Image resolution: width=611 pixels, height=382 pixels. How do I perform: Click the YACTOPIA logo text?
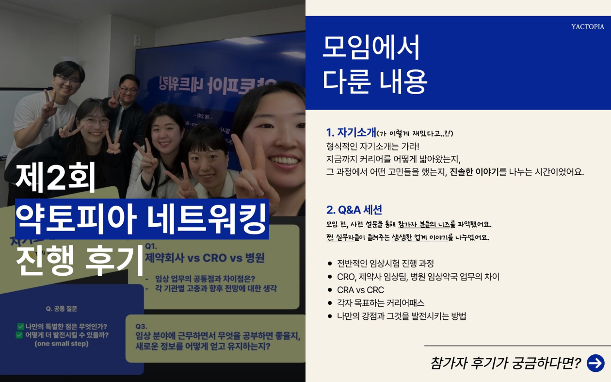pyautogui.click(x=587, y=27)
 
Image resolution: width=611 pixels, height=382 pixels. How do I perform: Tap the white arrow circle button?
pyautogui.click(x=595, y=363)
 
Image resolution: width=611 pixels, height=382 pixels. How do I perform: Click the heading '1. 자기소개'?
pyautogui.click(x=351, y=133)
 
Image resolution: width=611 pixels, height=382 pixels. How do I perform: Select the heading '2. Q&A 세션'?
pyautogui.click(x=354, y=210)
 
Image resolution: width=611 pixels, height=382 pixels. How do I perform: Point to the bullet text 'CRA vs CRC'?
pyautogui.click(x=360, y=290)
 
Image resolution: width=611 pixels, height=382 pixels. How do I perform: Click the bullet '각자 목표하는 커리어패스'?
pyautogui.click(x=381, y=303)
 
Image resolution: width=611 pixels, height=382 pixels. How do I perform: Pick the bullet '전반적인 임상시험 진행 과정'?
pyautogui.click(x=385, y=264)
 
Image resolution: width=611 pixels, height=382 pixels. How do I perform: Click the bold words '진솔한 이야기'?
pyautogui.click(x=474, y=172)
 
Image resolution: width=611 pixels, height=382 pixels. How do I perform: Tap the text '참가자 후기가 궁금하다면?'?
pyautogui.click(x=505, y=363)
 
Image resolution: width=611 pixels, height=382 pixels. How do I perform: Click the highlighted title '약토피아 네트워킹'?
pyautogui.click(x=142, y=219)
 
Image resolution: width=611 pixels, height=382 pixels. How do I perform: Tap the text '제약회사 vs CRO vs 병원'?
pyautogui.click(x=205, y=257)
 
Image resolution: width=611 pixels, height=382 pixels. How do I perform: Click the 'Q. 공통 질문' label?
pyautogui.click(x=62, y=309)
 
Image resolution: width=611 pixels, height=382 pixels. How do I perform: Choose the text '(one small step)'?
pyautogui.click(x=62, y=344)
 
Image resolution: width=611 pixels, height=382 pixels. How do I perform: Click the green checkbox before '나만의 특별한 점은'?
pyautogui.click(x=21, y=327)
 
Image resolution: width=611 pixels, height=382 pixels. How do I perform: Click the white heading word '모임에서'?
pyautogui.click(x=371, y=48)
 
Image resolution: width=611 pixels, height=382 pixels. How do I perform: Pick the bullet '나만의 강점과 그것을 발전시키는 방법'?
pyautogui.click(x=402, y=316)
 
